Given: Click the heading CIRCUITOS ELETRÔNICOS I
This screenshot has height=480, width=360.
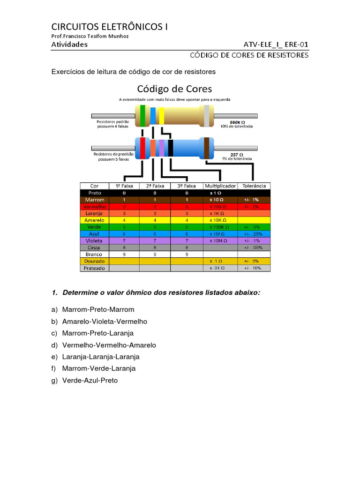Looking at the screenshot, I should (x=109, y=26).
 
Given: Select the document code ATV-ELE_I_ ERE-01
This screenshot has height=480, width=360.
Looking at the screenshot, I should (x=276, y=45).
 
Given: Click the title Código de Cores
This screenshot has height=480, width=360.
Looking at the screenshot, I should (x=174, y=89).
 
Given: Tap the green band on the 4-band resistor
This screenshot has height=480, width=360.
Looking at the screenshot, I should (x=142, y=116).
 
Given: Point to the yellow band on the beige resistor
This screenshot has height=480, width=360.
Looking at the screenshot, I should (x=161, y=116).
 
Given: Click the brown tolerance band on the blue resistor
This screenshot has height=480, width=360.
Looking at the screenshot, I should (x=206, y=147).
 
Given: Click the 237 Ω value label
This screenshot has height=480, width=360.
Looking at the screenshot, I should (x=236, y=154).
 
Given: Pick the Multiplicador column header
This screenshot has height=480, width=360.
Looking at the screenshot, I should (x=220, y=186).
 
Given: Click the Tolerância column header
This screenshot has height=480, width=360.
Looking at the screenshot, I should (x=255, y=186).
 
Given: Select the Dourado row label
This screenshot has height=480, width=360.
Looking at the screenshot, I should (x=94, y=261).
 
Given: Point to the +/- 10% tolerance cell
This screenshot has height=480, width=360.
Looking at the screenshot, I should (x=254, y=268).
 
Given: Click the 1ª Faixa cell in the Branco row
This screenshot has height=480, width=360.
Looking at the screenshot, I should (x=124, y=254).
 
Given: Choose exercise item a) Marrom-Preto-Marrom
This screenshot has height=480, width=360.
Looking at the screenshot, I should (x=93, y=309).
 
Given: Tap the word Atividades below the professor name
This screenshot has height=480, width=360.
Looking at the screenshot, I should (x=69, y=45).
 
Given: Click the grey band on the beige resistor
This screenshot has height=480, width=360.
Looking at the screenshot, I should (x=206, y=116).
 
